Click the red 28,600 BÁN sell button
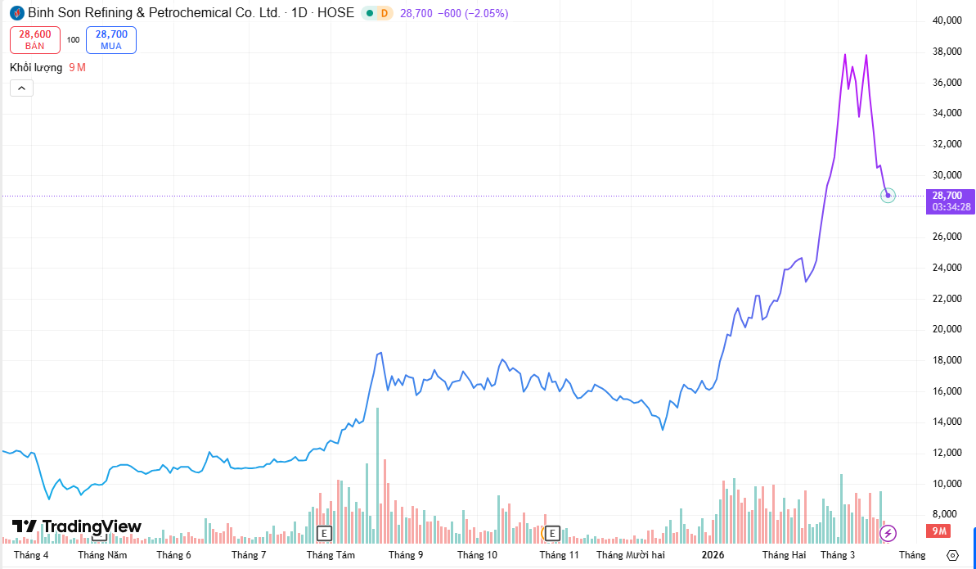[35, 39]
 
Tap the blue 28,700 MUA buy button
[111, 39]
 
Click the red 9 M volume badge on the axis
[938, 532]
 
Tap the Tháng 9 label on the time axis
[406, 555]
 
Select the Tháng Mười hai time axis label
[631, 555]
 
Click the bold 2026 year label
[713, 555]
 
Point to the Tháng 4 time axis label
[31, 555]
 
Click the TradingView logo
[77, 526]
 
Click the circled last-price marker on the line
[888, 195]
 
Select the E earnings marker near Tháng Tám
[325, 534]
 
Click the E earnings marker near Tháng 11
[552, 534]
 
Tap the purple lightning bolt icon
[888, 534]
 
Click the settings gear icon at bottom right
[951, 555]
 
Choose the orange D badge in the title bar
[385, 13]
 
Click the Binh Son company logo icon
[16, 13]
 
